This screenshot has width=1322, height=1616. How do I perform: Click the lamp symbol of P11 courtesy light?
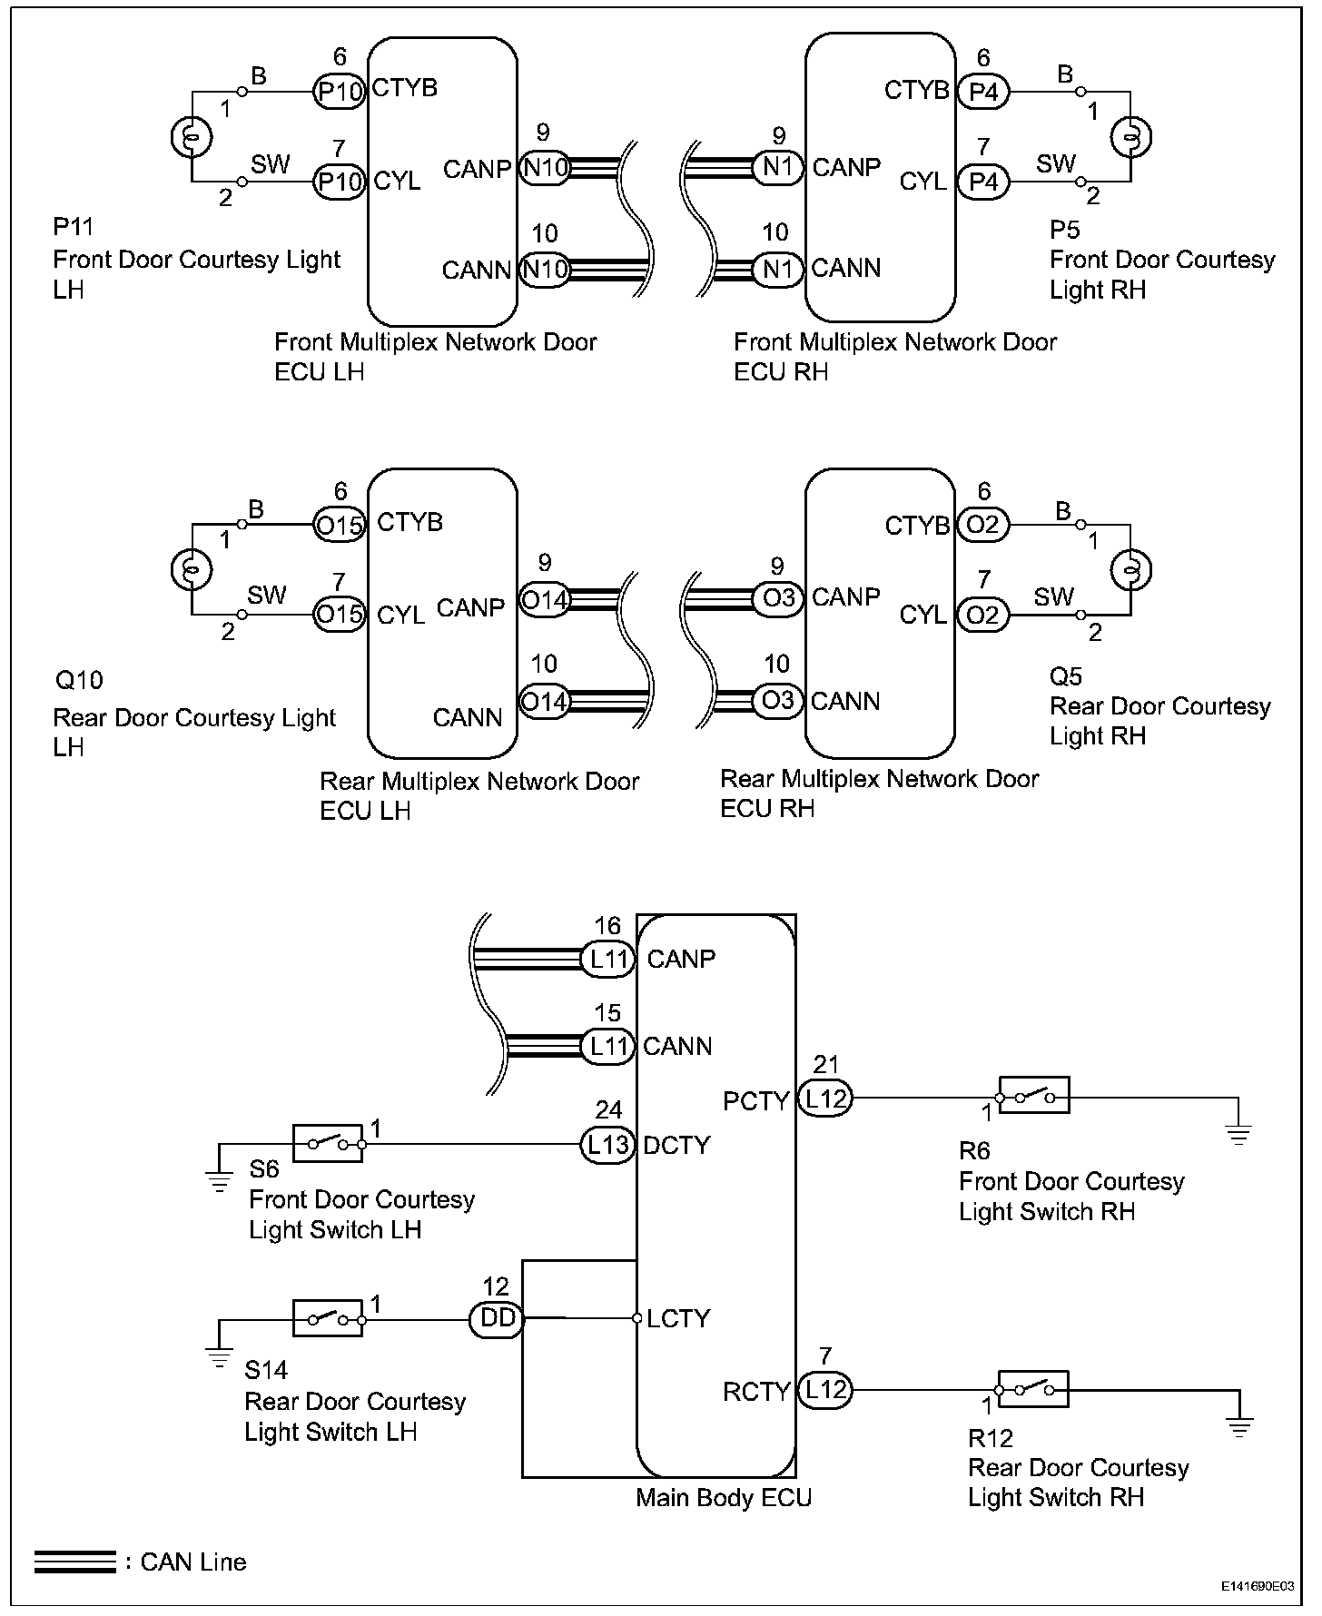(x=192, y=137)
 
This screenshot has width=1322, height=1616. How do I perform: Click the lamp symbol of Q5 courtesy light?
(x=1131, y=570)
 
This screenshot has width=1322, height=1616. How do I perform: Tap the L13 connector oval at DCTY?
(x=607, y=1145)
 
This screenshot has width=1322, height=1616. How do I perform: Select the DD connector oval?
(x=497, y=1318)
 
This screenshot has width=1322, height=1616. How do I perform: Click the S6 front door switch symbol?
(x=327, y=1143)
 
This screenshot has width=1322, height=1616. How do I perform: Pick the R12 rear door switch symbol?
(x=1032, y=1388)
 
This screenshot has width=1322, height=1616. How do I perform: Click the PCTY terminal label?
(x=756, y=1101)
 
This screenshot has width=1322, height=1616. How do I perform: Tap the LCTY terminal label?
(x=678, y=1318)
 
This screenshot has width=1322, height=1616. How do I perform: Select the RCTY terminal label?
(x=756, y=1392)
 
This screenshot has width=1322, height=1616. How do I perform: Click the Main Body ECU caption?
(x=723, y=1497)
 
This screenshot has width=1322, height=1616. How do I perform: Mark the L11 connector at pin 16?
(x=607, y=960)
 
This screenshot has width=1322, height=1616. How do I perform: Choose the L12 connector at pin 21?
(x=825, y=1099)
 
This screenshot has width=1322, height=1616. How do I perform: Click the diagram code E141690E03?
(x=1258, y=1586)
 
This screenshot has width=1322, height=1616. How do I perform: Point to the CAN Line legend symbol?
(x=75, y=1562)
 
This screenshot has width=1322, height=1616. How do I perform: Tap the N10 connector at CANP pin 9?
(x=544, y=167)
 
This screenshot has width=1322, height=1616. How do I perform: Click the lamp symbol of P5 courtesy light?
(x=1131, y=137)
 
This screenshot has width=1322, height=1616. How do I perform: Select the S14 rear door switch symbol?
(x=327, y=1318)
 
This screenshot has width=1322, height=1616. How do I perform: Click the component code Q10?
(x=80, y=680)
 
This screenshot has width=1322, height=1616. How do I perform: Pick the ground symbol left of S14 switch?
(x=219, y=1358)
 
